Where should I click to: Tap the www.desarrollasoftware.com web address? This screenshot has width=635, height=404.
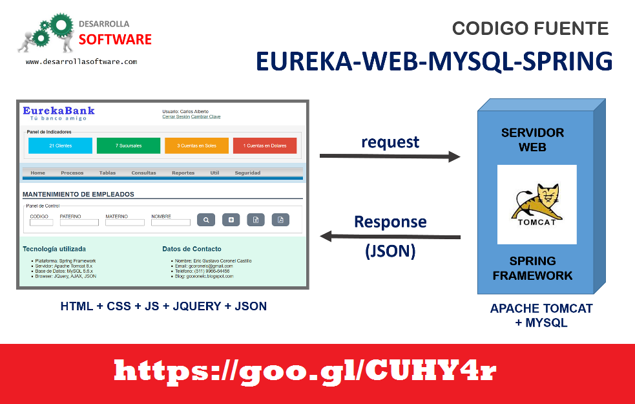coord(81,61)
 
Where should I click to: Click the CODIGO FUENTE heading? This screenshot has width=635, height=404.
coord(530,28)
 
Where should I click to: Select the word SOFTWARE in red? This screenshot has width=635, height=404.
coord(115,40)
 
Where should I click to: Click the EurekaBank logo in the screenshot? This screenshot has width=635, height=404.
coord(59,112)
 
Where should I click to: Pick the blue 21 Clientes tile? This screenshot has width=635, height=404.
coord(61,145)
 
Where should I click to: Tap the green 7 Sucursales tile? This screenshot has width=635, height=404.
coord(129,145)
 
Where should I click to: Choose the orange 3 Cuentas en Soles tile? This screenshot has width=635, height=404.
coord(196,145)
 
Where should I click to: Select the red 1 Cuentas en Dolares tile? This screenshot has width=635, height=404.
coord(265,145)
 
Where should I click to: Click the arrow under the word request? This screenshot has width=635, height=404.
coord(390,156)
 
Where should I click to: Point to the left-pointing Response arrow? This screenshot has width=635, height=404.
coord(390,237)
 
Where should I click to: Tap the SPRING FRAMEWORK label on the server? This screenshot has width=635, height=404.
coord(533,268)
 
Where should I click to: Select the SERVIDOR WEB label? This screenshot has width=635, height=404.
coord(533,140)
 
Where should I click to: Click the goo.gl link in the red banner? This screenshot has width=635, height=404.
coord(306,371)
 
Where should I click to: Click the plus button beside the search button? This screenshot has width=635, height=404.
coord(231,220)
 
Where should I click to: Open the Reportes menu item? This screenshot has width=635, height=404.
coord(183,173)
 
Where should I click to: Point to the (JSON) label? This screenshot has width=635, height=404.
coord(390,251)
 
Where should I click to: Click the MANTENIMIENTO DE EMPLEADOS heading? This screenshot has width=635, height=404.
coord(78,194)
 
